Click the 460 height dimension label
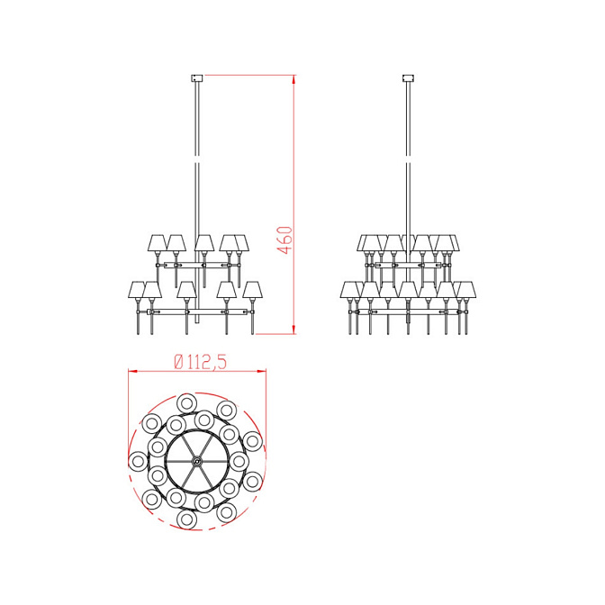pyautogui.click(x=285, y=240)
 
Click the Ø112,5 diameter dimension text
pyautogui.click(x=200, y=362)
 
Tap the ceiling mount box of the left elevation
pyautogui.click(x=197, y=78)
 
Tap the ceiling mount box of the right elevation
pyautogui.click(x=408, y=78)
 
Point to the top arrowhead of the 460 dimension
pyautogui.click(x=294, y=80)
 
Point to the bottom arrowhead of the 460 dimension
pyautogui.click(x=294, y=329)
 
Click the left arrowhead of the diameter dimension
pyautogui.click(x=133, y=371)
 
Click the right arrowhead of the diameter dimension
pyautogui.click(x=261, y=371)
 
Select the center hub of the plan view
pyautogui.click(x=197, y=461)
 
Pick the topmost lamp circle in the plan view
pyautogui.click(x=186, y=404)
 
